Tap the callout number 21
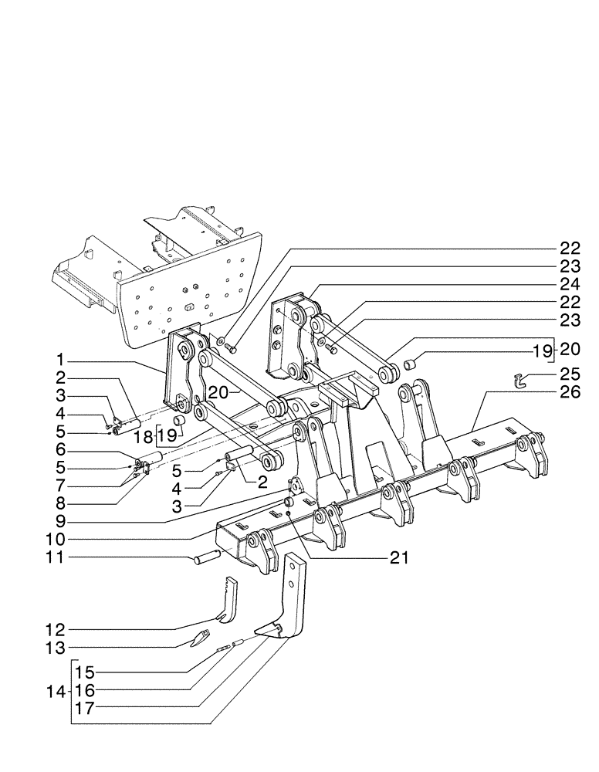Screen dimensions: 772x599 tap(400, 556)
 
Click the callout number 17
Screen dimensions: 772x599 tap(86, 706)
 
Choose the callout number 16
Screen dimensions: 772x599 tap(86, 688)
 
